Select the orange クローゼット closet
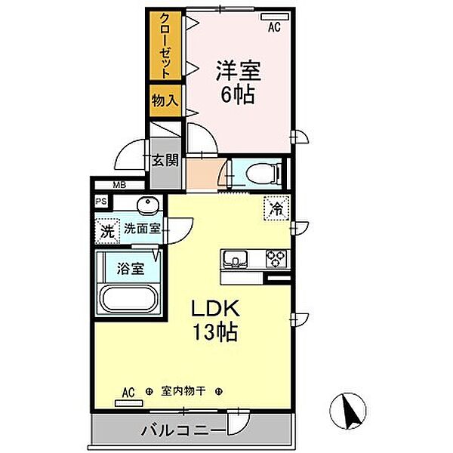pyautogui.click(x=165, y=47)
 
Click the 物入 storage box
pyautogui.click(x=164, y=100)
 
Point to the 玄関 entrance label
pyautogui.click(x=165, y=160)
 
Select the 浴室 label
pyautogui.click(x=130, y=268)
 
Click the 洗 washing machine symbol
pyautogui.click(x=107, y=230)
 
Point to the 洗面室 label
pyautogui.click(x=142, y=229)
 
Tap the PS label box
pyautogui.click(x=101, y=202)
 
